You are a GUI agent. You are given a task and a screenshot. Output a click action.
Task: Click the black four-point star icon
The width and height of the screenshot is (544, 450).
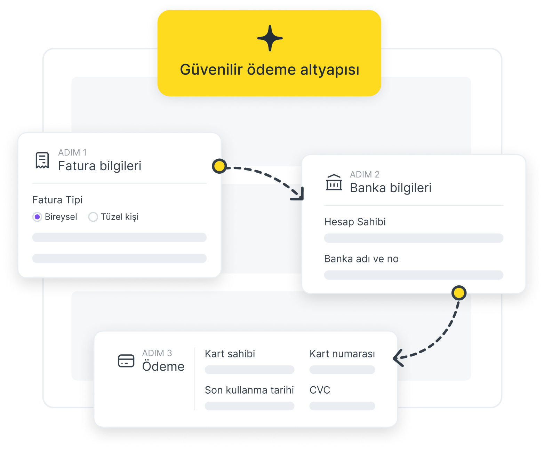point(270,38)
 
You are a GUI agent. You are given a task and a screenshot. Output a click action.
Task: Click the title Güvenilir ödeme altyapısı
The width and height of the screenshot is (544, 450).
point(270,70)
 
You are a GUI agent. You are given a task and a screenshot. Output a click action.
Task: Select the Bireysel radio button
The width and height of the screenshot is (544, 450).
point(37,217)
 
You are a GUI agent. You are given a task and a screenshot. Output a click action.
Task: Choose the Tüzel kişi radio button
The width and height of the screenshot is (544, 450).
point(93,217)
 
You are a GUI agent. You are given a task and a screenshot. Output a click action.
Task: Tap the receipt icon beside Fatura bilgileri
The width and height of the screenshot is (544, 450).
point(42,160)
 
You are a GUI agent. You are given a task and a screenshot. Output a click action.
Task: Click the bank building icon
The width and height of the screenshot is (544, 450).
point(334,182)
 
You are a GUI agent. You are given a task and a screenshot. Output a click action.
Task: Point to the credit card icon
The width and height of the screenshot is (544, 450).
point(126,361)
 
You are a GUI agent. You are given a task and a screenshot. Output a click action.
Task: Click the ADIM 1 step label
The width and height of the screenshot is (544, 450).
point(72,152)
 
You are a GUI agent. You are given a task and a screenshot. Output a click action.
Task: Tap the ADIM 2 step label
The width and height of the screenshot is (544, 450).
point(365,174)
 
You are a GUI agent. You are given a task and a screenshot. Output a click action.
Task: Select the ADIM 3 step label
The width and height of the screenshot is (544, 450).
point(157,353)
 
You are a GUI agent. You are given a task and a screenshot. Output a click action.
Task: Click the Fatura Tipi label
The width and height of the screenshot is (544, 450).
point(57,200)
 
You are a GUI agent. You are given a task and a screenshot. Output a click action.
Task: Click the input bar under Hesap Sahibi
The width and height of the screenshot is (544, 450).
point(414,238)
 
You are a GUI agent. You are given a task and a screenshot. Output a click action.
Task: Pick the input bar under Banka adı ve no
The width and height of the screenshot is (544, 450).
point(414,275)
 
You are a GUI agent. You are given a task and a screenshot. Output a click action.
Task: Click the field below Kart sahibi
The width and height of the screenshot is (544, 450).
point(249,370)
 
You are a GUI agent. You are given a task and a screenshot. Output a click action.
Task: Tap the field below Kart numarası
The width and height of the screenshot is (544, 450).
point(342,370)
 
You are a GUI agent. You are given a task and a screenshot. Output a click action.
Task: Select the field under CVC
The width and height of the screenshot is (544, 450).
point(342,406)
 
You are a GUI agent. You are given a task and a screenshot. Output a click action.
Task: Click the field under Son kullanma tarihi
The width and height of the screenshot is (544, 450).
point(249,406)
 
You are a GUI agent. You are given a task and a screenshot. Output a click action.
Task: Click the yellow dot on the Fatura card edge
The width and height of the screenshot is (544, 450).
point(219,166)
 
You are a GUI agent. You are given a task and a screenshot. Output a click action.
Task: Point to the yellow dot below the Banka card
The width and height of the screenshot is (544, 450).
point(459,293)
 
